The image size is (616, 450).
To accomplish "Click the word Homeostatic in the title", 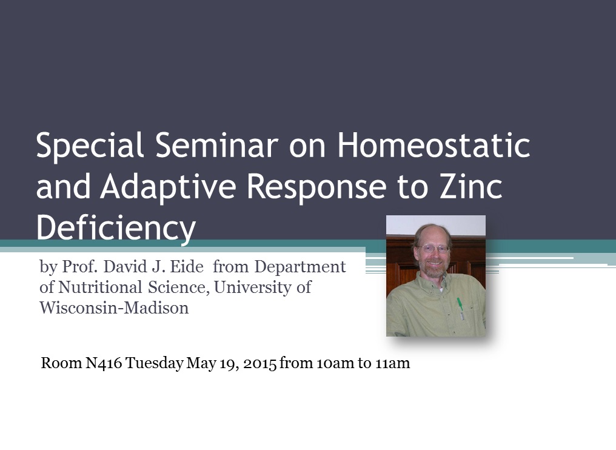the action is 434,145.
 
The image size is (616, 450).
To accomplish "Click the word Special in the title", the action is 90,146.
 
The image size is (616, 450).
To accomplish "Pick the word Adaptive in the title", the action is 168,187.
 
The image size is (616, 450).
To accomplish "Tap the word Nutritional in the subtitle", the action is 100,287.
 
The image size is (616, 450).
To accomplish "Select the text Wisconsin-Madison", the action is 114,307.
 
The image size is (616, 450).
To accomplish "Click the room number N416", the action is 104,363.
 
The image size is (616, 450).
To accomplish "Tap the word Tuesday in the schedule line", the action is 155,363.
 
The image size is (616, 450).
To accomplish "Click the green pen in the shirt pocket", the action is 460,308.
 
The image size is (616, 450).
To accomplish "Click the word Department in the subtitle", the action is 300,267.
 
